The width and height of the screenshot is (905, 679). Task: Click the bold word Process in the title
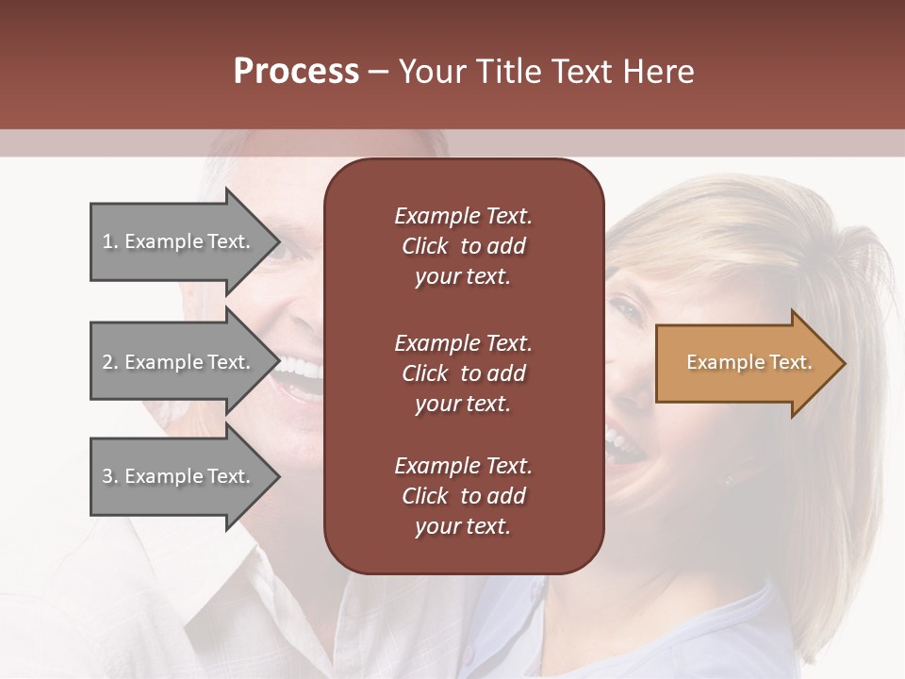[x=296, y=72]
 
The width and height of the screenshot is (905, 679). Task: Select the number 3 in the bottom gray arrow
[x=107, y=476]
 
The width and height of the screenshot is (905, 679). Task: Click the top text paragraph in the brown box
[x=463, y=246]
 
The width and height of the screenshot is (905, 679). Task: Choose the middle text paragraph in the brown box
[x=463, y=373]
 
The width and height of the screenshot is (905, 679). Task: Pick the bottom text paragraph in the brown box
[x=463, y=496]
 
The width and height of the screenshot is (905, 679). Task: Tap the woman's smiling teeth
[x=617, y=439]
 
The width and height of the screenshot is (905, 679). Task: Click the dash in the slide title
[x=378, y=73]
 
